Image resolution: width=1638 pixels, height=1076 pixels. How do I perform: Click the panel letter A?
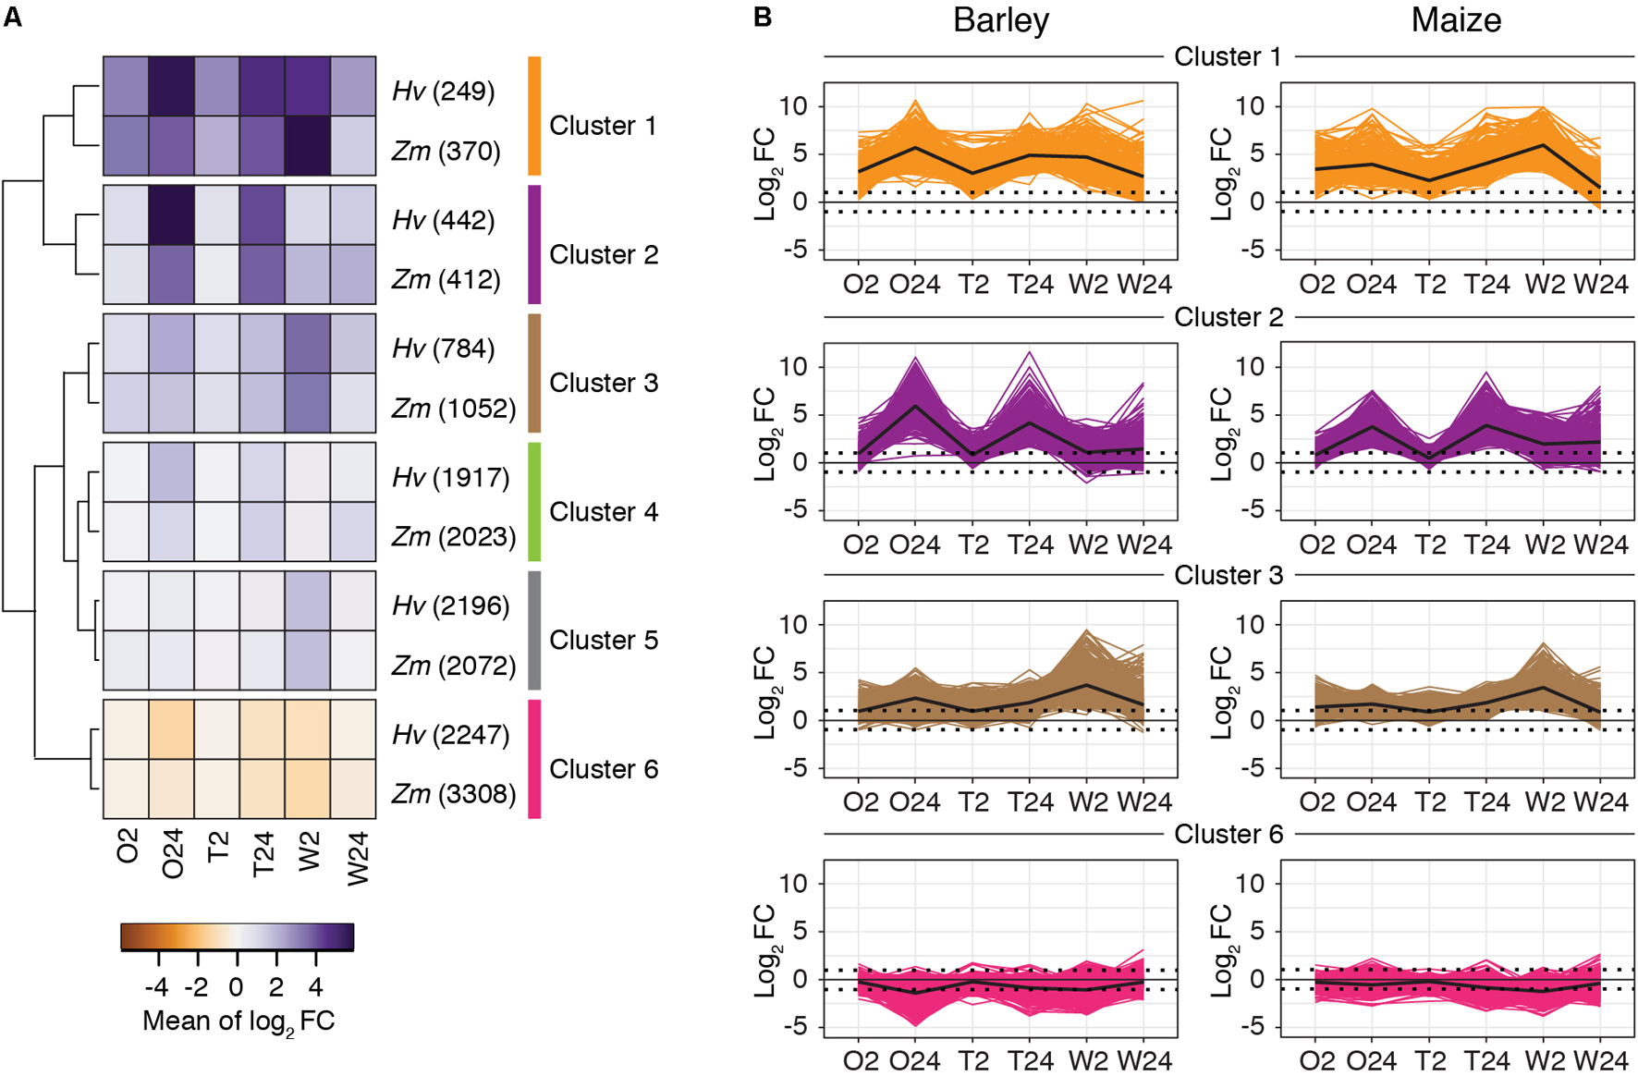point(12,17)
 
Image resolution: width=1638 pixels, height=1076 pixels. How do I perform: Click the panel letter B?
point(763,17)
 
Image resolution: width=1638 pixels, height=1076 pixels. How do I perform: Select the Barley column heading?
point(1001,20)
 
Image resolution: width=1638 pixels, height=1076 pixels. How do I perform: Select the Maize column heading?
point(1456,20)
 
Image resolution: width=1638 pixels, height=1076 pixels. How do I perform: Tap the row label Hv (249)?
point(444,91)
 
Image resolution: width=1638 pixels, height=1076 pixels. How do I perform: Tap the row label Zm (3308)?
point(454,794)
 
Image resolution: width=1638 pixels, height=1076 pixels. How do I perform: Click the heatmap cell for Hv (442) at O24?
point(172,215)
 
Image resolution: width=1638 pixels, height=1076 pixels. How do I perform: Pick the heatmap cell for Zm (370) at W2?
point(308,146)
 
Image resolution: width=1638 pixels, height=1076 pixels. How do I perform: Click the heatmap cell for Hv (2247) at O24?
point(172,729)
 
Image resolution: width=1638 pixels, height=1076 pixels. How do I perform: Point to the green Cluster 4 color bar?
point(534,502)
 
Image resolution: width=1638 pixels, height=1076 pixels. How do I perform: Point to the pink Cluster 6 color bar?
point(534,759)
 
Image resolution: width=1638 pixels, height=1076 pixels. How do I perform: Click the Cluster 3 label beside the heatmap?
point(604,383)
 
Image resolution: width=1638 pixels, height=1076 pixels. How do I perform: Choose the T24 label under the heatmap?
point(263,853)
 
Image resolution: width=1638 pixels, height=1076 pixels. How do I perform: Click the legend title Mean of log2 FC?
point(238,1021)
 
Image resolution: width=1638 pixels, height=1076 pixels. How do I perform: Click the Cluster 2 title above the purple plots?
point(1228,317)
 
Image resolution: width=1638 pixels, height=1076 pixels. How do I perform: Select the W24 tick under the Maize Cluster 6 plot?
point(1601,1060)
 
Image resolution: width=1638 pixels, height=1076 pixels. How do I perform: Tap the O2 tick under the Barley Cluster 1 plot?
point(861,284)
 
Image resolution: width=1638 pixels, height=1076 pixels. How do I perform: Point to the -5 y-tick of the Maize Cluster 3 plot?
point(1253,768)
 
